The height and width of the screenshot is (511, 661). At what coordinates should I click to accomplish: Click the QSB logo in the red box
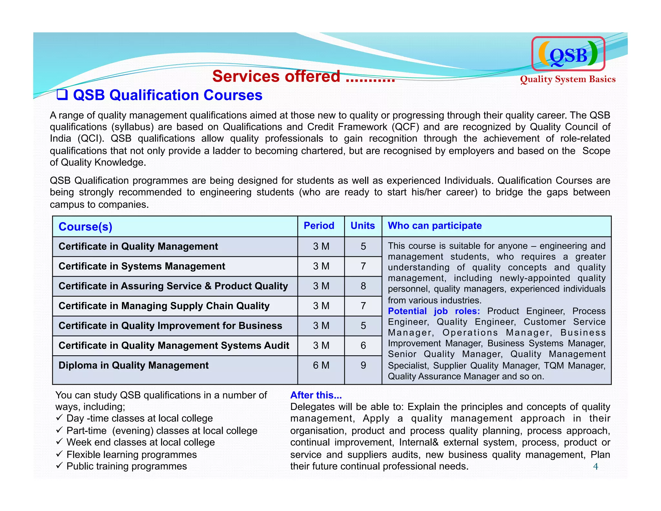[568, 54]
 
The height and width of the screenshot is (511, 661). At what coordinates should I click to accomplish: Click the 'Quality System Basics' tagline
[567, 79]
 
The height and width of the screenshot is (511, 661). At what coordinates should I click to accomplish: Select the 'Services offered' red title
[303, 77]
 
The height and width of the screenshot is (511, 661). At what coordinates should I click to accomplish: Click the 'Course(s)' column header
[86, 226]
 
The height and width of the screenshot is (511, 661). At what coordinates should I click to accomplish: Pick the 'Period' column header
[319, 225]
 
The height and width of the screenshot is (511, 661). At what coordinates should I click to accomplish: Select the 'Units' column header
[363, 225]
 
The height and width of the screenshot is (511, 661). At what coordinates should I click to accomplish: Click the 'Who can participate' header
[434, 225]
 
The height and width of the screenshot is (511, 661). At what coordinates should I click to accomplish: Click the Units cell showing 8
[363, 286]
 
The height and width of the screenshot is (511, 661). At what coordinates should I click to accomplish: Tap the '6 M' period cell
[321, 365]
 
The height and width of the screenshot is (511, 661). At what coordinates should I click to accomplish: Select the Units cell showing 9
[363, 365]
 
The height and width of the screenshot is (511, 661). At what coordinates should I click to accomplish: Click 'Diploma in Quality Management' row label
[133, 365]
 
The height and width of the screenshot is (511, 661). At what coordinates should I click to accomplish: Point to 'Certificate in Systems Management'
[142, 266]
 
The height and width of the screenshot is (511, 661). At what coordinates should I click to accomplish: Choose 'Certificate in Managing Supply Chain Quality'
[164, 306]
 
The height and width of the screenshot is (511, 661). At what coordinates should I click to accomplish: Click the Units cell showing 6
[363, 346]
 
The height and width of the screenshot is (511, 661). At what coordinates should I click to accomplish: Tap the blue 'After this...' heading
[316, 395]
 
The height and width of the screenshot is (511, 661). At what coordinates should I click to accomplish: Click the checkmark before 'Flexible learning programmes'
[59, 454]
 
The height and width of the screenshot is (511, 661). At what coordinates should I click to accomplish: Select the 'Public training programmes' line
[127, 466]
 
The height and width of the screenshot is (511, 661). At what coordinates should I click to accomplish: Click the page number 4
[595, 466]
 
